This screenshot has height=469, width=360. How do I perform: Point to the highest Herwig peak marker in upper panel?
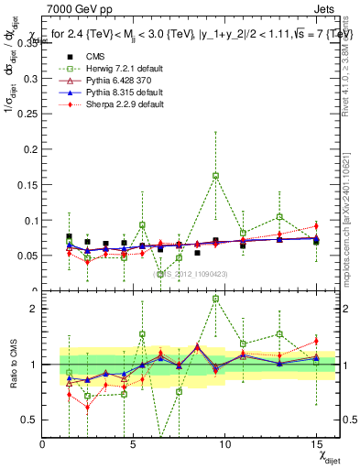(x=215, y=175)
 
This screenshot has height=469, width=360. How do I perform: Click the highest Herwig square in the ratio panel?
(x=215, y=299)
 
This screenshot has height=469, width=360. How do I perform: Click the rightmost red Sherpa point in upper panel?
(x=316, y=225)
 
